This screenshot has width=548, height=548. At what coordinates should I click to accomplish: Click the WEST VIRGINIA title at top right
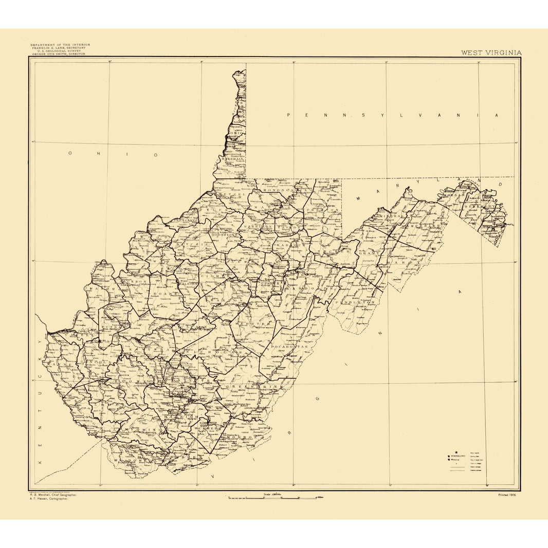click(x=491, y=52)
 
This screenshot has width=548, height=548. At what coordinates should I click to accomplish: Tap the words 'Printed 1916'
click(x=507, y=495)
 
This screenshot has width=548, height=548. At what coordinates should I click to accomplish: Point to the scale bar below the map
click(x=272, y=498)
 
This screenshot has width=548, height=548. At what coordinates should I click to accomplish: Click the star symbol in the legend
click(x=455, y=452)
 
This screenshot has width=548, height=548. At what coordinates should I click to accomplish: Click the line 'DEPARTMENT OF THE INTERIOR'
click(x=60, y=45)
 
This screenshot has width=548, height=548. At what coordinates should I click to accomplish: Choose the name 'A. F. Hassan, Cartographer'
click(x=53, y=499)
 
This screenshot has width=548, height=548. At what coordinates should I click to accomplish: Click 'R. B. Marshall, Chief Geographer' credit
click(x=54, y=495)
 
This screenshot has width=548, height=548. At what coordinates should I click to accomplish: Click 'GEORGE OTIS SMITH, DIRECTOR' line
click(x=59, y=53)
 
